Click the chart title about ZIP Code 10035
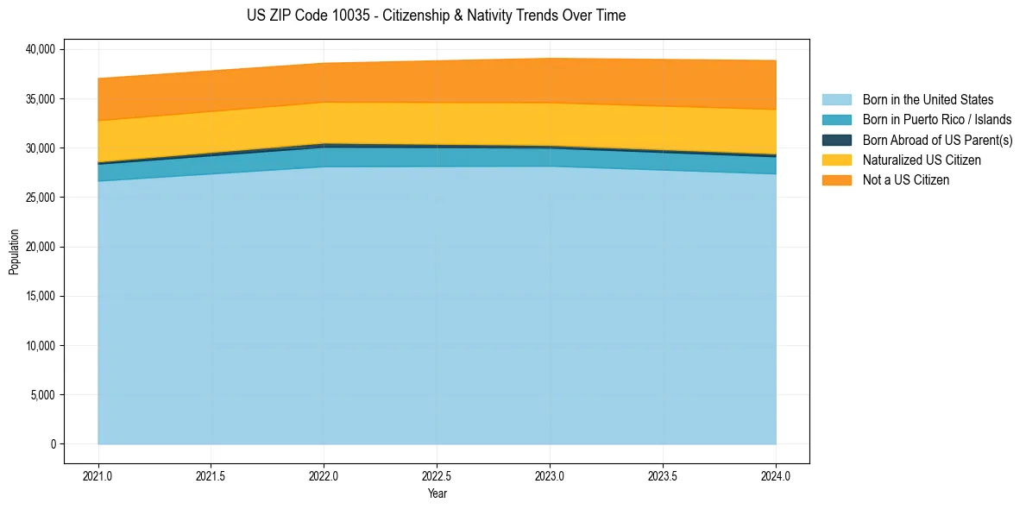[x=436, y=16]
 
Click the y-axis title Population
[x=14, y=252]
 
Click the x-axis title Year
[x=437, y=494]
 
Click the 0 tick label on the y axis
[x=53, y=444]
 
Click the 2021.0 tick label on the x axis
[x=98, y=475]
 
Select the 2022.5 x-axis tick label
[x=437, y=475]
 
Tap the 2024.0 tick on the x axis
[x=776, y=475]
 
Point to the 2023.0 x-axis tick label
[x=550, y=475]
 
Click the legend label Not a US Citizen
[x=906, y=180]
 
